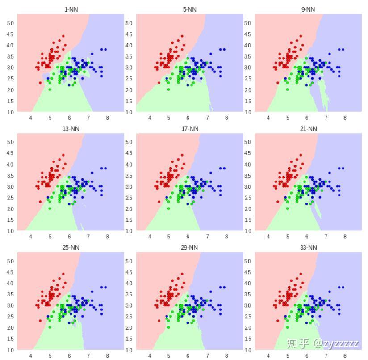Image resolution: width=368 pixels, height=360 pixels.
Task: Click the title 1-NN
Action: pyautogui.click(x=71, y=9)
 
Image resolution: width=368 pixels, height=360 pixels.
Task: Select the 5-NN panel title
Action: pyautogui.click(x=189, y=9)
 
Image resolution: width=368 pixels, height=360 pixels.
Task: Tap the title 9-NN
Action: pyautogui.click(x=308, y=9)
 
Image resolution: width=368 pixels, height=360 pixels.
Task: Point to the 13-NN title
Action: pyautogui.click(x=71, y=128)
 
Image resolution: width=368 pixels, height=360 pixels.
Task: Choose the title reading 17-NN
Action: pyautogui.click(x=189, y=128)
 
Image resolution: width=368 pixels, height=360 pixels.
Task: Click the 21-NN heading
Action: pyautogui.click(x=308, y=128)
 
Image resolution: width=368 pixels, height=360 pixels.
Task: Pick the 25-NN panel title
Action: pyautogui.click(x=71, y=247)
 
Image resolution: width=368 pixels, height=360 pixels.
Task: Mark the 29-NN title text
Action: pyautogui.click(x=189, y=247)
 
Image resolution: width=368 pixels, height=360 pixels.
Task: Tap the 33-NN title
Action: pyautogui.click(x=308, y=247)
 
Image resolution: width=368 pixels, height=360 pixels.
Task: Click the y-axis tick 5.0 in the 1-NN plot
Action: pyautogui.click(x=10, y=23)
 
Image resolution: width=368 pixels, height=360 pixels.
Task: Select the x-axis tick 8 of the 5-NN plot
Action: pyautogui.click(x=226, y=118)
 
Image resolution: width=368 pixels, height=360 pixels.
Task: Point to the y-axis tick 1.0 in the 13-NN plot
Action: pyautogui.click(x=10, y=231)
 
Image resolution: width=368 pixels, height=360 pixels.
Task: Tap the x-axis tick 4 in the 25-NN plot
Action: pyautogui.click(x=31, y=356)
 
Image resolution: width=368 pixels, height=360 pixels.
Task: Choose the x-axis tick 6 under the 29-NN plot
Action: pyautogui.click(x=188, y=356)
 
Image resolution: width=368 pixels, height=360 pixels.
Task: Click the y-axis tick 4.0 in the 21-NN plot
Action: pyautogui.click(x=247, y=164)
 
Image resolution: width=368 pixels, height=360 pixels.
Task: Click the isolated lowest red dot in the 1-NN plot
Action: pyautogui.click(x=40, y=83)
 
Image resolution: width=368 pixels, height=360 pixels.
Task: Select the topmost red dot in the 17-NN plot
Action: pyautogui.click(x=182, y=155)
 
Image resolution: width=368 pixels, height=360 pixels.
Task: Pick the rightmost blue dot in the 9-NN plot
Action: pyautogui.click(x=343, y=49)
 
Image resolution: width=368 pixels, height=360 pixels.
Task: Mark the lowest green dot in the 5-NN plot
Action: pyautogui.click(x=168, y=89)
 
